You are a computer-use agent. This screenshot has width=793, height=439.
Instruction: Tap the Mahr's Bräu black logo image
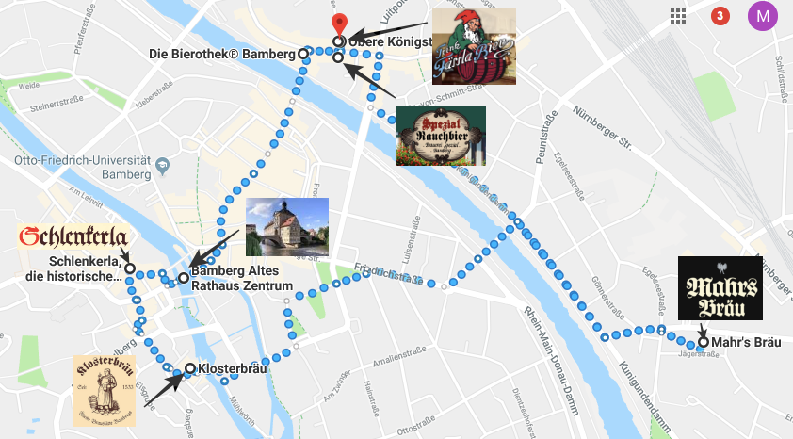pyautogui.click(x=720, y=287)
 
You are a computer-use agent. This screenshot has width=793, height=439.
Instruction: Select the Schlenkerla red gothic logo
pyautogui.click(x=73, y=236)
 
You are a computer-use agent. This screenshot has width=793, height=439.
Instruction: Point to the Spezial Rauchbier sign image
pyautogui.click(x=441, y=136)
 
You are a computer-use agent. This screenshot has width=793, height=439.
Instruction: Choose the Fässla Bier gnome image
pyautogui.click(x=474, y=47)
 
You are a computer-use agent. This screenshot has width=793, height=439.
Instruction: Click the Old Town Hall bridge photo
pyautogui.click(x=286, y=227)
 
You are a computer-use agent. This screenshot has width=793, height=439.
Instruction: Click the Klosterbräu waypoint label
pyautogui.click(x=232, y=368)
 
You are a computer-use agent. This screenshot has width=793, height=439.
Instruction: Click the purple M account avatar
pyautogui.click(x=763, y=16)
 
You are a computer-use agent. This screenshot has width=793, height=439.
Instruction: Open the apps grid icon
pyautogui.click(x=677, y=16)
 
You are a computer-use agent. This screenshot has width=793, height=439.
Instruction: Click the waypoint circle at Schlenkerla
pyautogui.click(x=129, y=268)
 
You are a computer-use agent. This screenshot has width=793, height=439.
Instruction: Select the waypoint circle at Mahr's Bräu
pyautogui.click(x=703, y=342)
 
